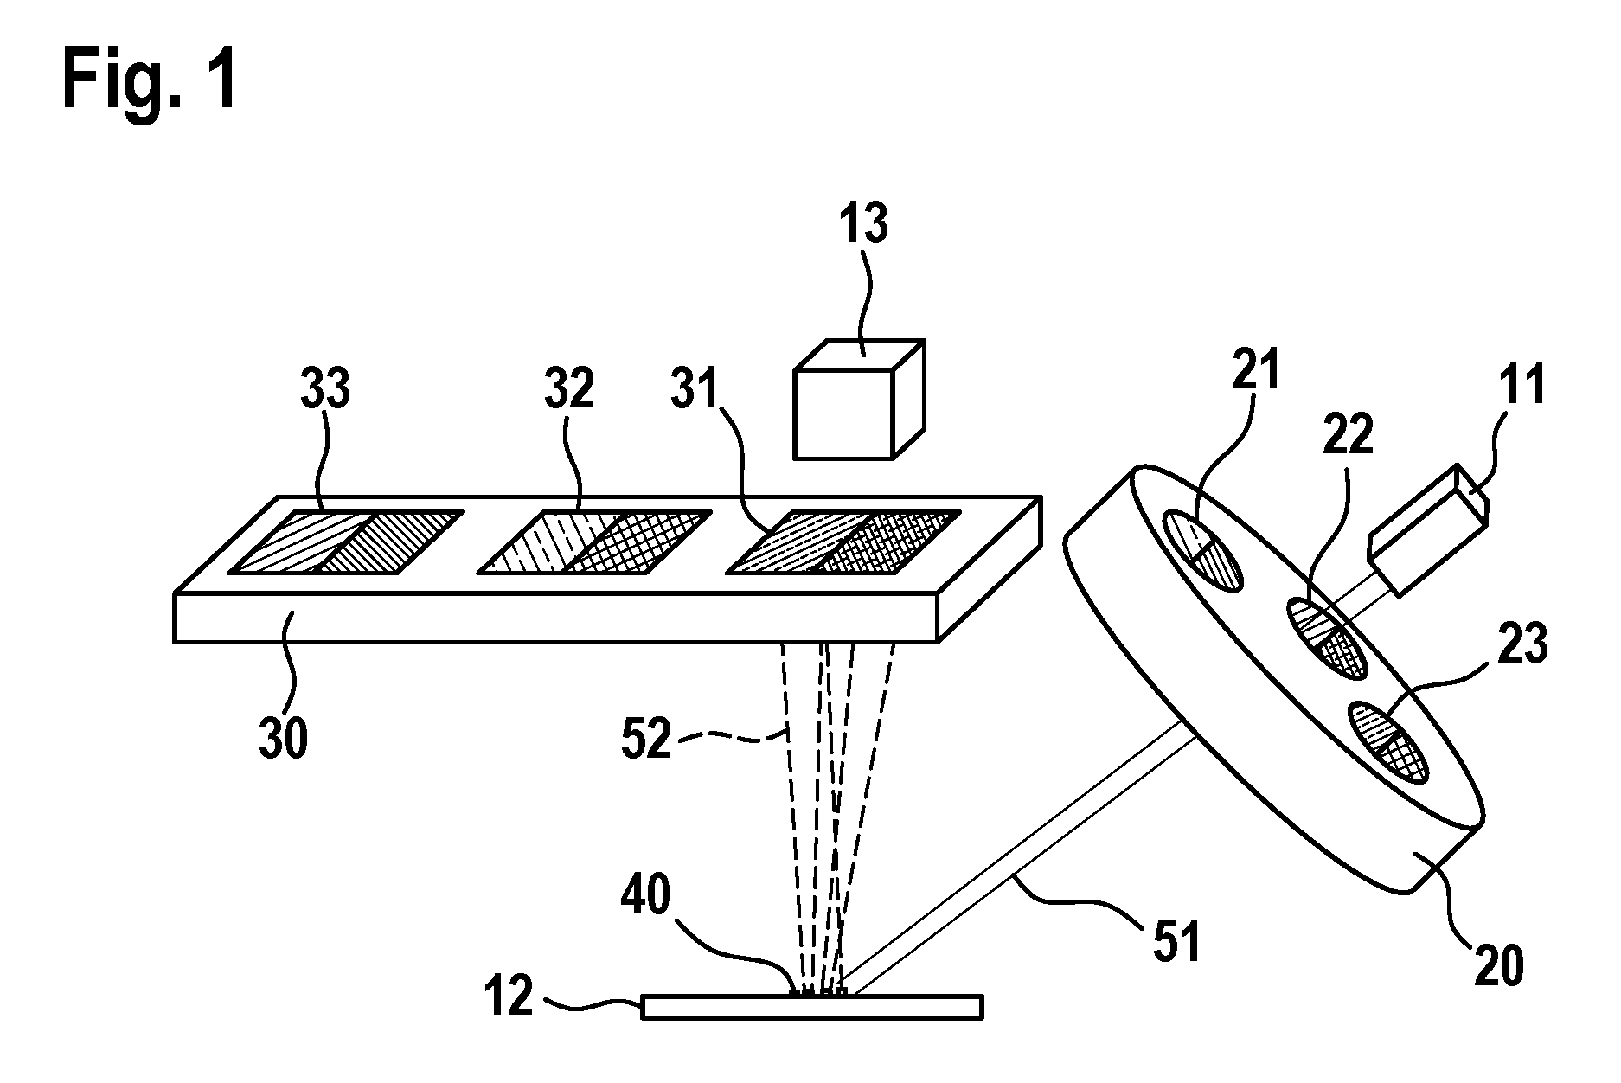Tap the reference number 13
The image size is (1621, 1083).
pyautogui.click(x=864, y=223)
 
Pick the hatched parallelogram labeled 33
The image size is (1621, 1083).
pyautogui.click(x=346, y=541)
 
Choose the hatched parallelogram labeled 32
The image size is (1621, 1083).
pyautogui.click(x=595, y=541)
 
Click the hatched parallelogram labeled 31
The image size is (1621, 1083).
pyautogui.click(x=843, y=541)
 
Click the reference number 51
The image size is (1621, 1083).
pyautogui.click(x=1175, y=941)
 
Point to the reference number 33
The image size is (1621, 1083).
pyautogui.click(x=325, y=389)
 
